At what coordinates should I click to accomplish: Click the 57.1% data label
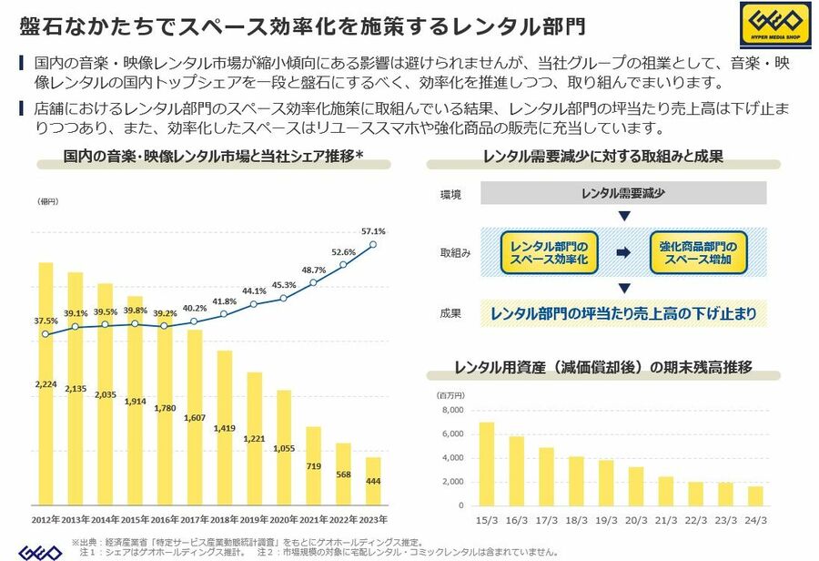tap(373, 230)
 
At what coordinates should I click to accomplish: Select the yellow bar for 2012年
tap(45, 382)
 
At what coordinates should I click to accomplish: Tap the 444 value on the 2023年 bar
tap(373, 481)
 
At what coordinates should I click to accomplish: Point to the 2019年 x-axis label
tap(254, 520)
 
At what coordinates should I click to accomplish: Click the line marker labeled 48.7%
tap(313, 282)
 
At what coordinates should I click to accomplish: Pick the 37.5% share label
tap(45, 321)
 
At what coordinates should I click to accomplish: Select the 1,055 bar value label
tap(284, 448)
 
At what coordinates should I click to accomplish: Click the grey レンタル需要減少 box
tap(622, 193)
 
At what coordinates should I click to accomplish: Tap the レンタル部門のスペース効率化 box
tap(549, 253)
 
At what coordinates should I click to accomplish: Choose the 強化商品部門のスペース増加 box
tap(697, 253)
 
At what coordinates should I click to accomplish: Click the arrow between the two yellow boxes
tap(622, 253)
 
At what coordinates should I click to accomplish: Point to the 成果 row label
tap(450, 313)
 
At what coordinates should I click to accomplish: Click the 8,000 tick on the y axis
tap(452, 410)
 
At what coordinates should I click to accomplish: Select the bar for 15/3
tap(487, 464)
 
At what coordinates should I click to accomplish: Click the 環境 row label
tap(450, 194)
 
